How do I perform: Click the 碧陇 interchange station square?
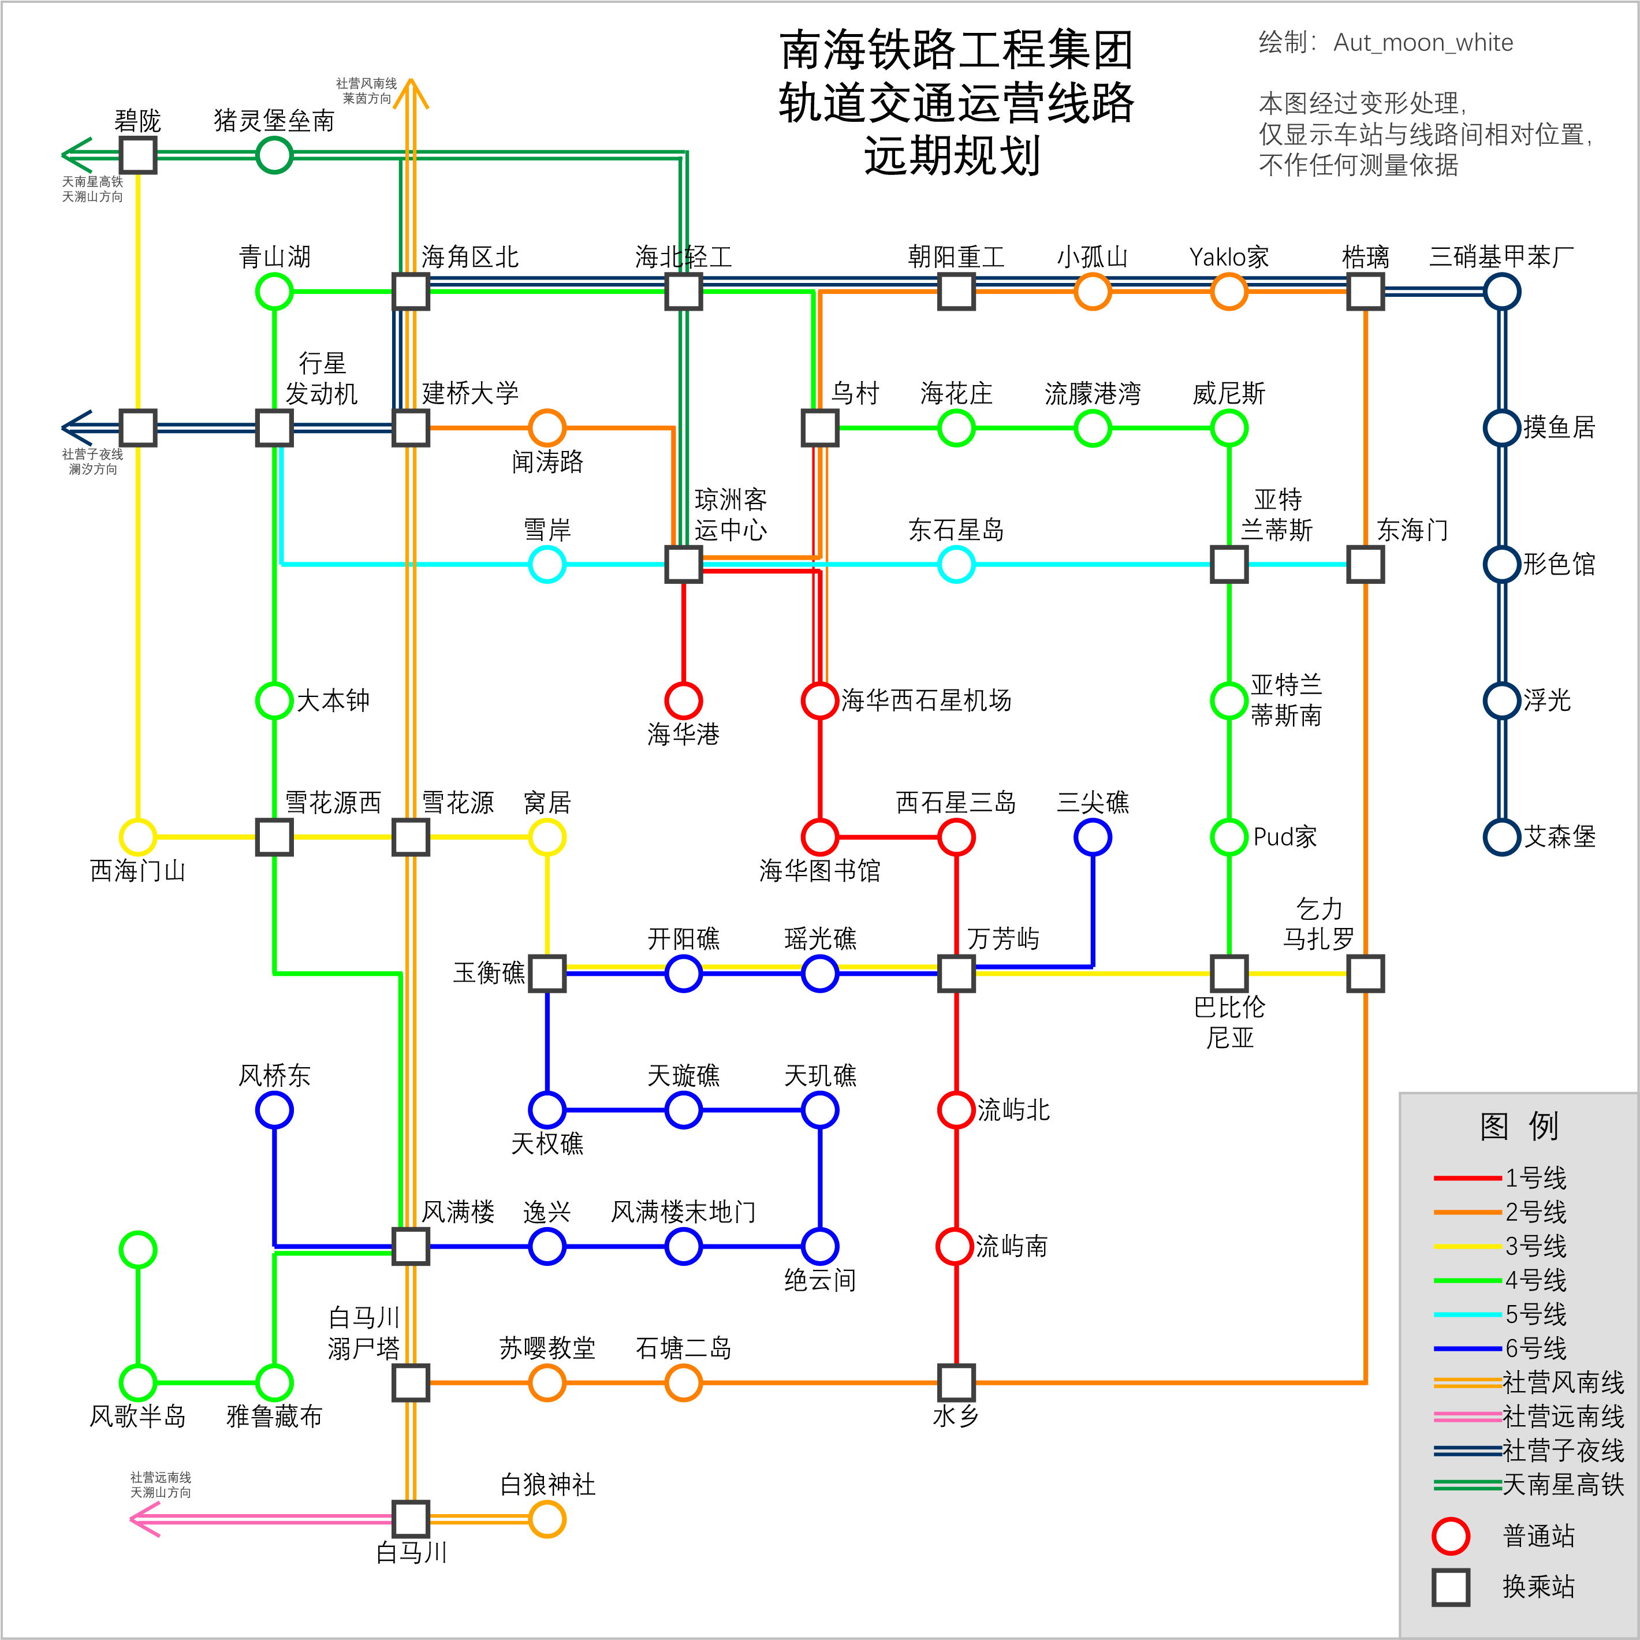click(x=137, y=155)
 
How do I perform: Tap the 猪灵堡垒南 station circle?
click(x=274, y=155)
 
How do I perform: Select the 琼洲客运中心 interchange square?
click(x=683, y=565)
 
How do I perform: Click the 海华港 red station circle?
click(x=683, y=700)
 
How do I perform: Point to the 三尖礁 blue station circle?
click(x=1093, y=837)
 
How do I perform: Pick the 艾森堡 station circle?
click(x=1501, y=837)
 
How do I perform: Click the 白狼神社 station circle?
click(x=547, y=1519)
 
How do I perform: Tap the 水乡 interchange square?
click(x=956, y=1383)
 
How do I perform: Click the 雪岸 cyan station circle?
click(x=547, y=565)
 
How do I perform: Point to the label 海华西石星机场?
click(x=926, y=700)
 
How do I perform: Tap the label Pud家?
click(x=1285, y=837)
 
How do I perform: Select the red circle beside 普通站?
click(x=1451, y=1537)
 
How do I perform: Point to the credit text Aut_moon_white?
click(x=1423, y=42)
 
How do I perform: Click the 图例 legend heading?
click(x=1519, y=1127)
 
